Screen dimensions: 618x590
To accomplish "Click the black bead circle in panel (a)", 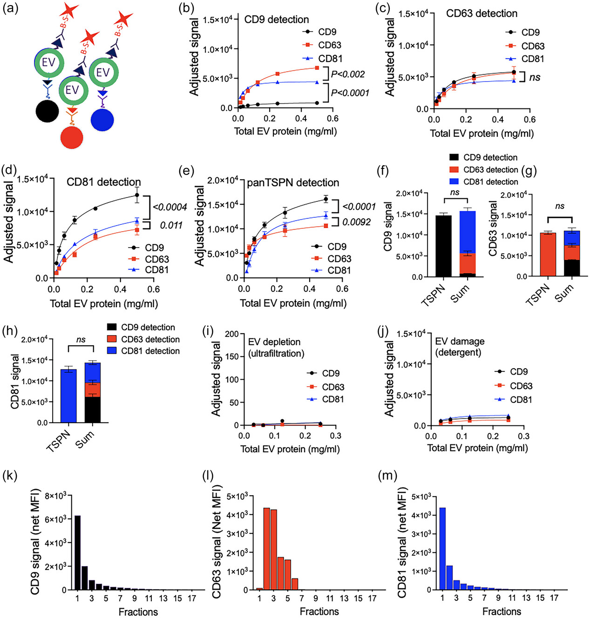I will click(x=47, y=112).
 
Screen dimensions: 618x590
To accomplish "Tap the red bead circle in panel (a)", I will click(x=72, y=138).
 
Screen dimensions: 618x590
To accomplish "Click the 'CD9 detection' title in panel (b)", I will click(x=277, y=20).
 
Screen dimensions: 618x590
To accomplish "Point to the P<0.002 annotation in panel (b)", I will click(x=347, y=74).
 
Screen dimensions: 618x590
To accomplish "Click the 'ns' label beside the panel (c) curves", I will click(x=535, y=77).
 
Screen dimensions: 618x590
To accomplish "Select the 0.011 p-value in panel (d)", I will click(x=171, y=225).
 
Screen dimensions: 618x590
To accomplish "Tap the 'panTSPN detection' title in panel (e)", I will click(x=293, y=183).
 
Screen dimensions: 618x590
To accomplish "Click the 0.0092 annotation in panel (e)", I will click(x=357, y=222).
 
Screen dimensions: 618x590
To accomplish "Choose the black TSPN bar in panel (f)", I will click(x=443, y=246).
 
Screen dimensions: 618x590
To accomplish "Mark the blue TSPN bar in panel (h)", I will click(x=69, y=396).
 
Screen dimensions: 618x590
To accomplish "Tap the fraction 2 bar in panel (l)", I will click(x=267, y=549).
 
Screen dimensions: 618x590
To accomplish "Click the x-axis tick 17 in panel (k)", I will click(x=192, y=598).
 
